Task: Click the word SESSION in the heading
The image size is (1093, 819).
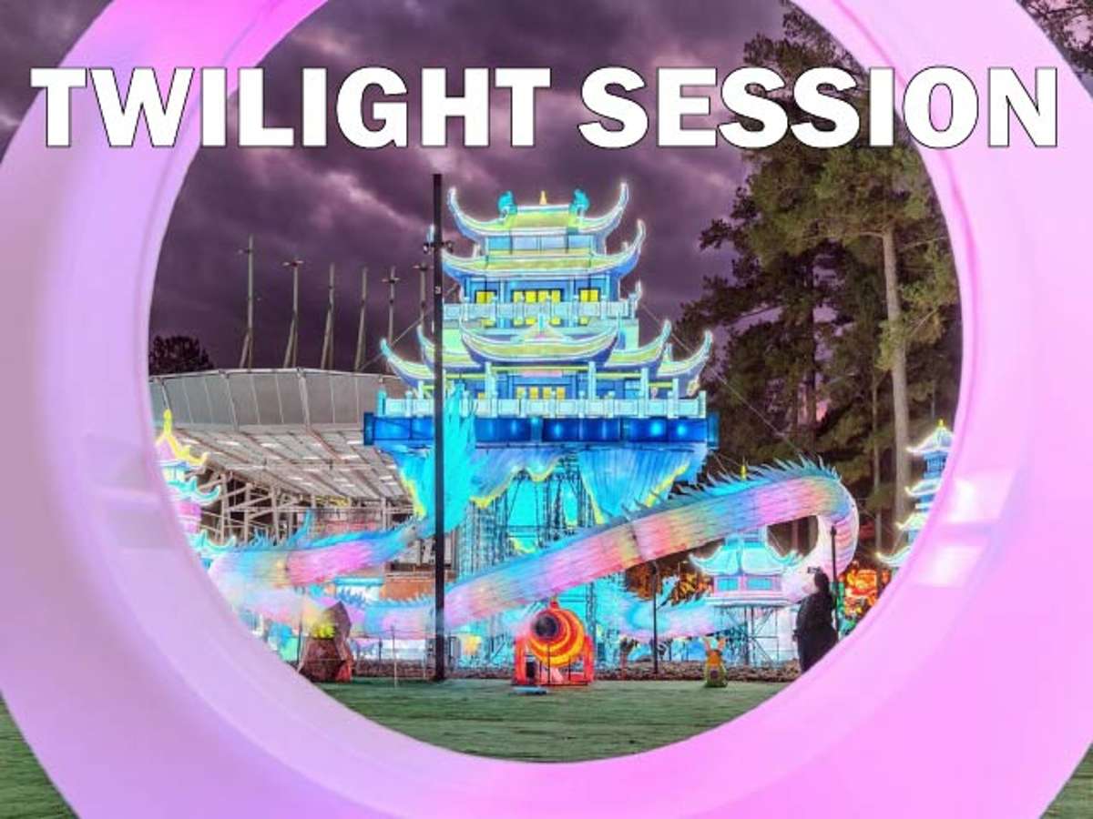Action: click(817, 106)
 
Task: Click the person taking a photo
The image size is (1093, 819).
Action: click(817, 622)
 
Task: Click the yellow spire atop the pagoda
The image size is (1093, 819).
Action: click(542, 199)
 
